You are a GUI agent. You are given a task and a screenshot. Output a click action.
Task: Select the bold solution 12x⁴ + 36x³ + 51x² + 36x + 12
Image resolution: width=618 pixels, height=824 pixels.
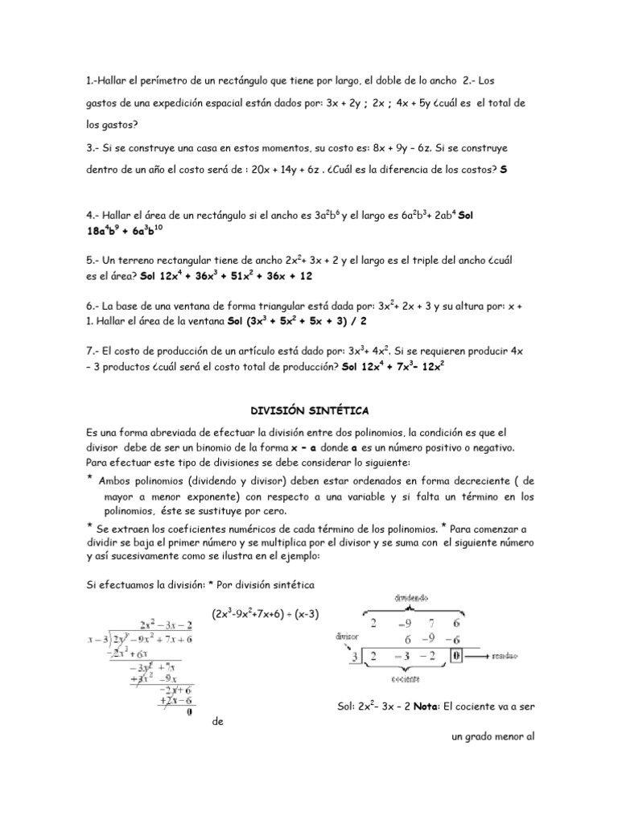tap(225, 275)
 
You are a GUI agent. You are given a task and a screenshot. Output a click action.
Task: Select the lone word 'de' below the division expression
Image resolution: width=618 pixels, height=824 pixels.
tap(217, 722)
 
